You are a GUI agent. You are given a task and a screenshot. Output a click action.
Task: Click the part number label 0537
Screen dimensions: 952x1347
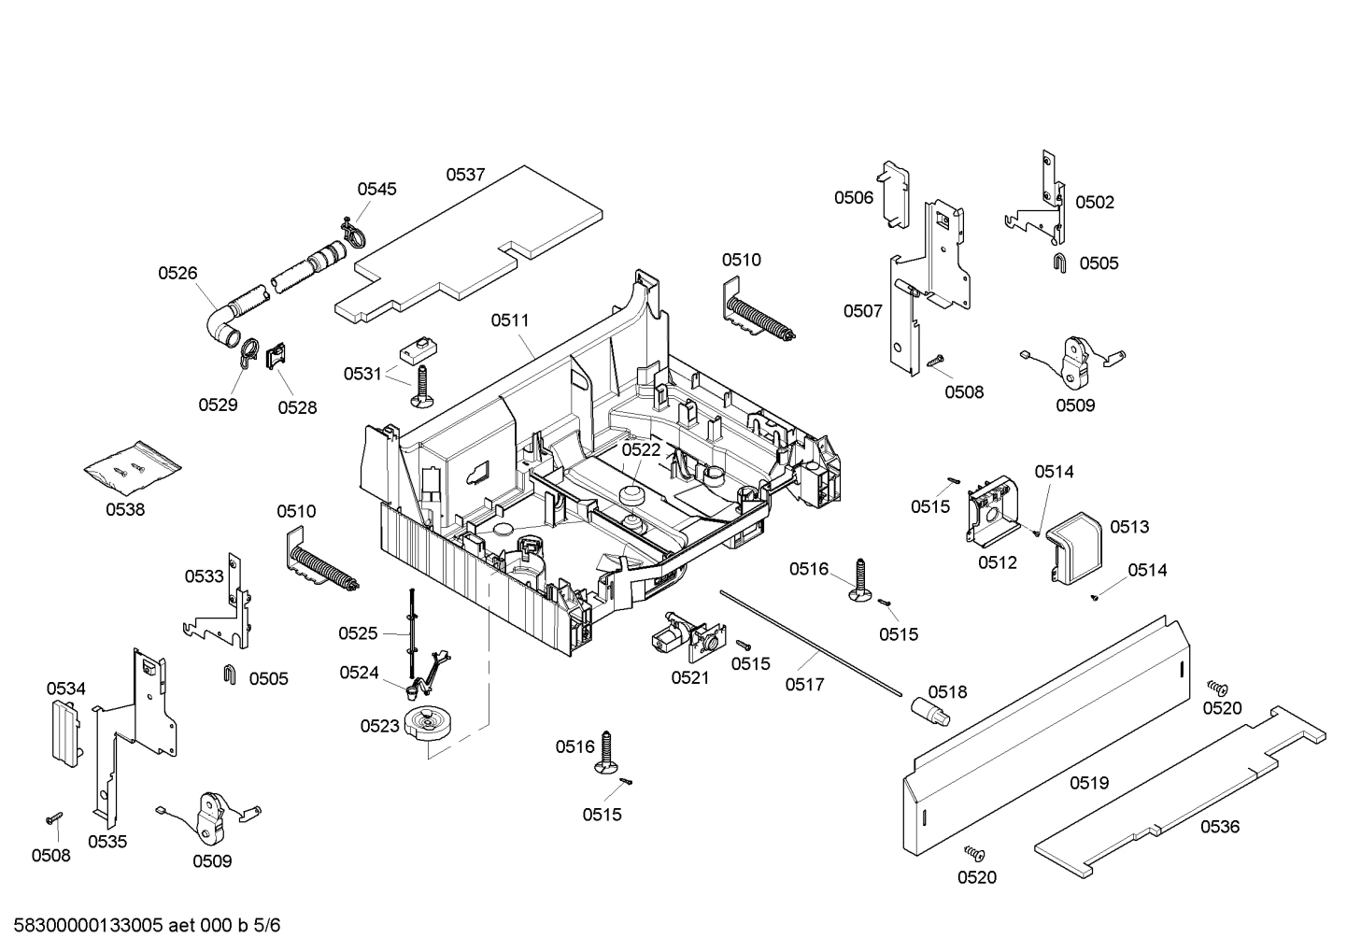coord(465,174)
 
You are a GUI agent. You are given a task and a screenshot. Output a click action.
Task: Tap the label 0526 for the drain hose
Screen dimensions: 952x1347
coord(177,273)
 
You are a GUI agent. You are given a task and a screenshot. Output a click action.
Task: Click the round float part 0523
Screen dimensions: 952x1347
coord(430,724)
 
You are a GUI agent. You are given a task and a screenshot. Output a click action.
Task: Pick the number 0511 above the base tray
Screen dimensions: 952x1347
coord(510,320)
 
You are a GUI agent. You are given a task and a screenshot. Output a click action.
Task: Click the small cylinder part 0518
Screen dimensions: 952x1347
coord(929,710)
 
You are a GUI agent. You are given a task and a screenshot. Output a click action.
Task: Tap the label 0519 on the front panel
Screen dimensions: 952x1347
coord(1089,783)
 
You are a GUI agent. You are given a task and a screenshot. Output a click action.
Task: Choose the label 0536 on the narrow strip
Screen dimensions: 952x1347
coord(1220,826)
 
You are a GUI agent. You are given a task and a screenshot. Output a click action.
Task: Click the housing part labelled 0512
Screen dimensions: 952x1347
coord(992,514)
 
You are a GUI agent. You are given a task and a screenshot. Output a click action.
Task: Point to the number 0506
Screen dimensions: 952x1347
coord(854,197)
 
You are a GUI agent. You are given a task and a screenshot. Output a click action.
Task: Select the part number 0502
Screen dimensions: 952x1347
coord(1095,202)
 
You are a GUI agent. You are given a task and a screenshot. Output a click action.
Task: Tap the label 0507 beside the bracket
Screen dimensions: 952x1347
coord(862,310)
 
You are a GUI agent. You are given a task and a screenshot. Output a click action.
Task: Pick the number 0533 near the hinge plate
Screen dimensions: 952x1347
coord(204,576)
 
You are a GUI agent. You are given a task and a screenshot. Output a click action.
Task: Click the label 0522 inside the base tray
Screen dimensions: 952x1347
coord(642,449)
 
